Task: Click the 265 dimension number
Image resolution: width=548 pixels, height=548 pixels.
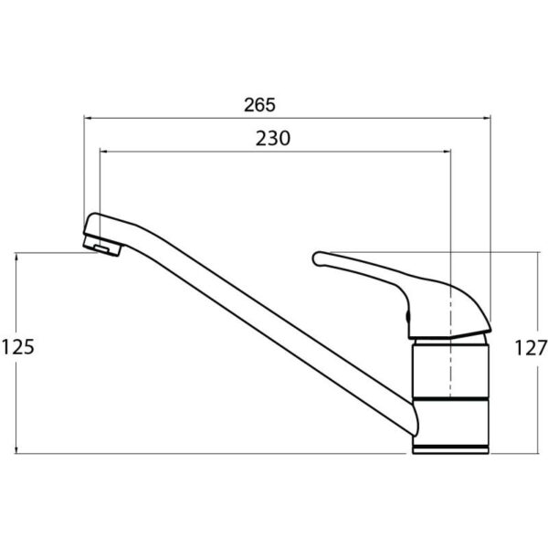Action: coord(259,105)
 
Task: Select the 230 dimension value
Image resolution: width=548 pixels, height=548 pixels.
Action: coord(273,139)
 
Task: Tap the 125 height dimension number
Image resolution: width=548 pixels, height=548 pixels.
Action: coord(18,347)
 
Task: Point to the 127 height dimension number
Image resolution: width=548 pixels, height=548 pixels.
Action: coord(531,348)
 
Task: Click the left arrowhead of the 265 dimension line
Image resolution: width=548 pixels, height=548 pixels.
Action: coord(88,118)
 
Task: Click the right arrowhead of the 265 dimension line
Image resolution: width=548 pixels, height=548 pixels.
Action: coord(487,118)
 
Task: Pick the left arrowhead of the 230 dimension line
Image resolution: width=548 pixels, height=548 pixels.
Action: coord(103,152)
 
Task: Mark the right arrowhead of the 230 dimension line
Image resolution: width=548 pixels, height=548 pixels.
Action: coord(447,152)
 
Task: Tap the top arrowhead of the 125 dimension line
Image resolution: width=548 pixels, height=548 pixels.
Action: coord(16,257)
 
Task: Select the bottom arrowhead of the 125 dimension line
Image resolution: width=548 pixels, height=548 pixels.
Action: coord(16,449)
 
